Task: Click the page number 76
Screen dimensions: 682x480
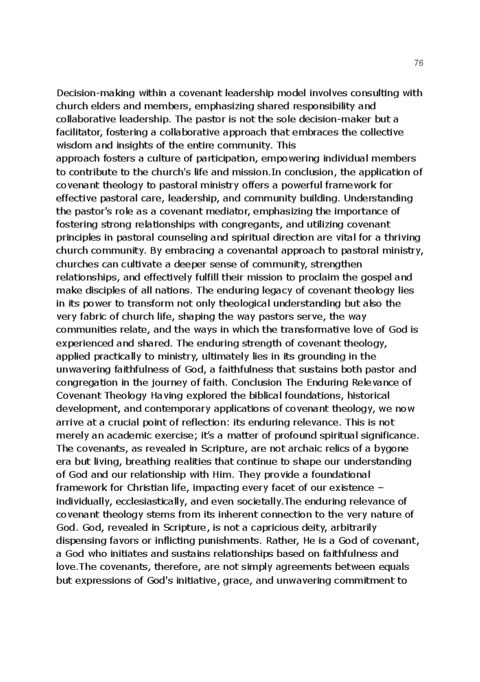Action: (419, 63)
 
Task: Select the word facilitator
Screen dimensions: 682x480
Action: (80, 132)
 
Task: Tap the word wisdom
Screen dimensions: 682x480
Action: (74, 145)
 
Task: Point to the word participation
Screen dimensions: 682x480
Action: (205, 159)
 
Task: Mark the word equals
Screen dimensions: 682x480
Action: (393, 567)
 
